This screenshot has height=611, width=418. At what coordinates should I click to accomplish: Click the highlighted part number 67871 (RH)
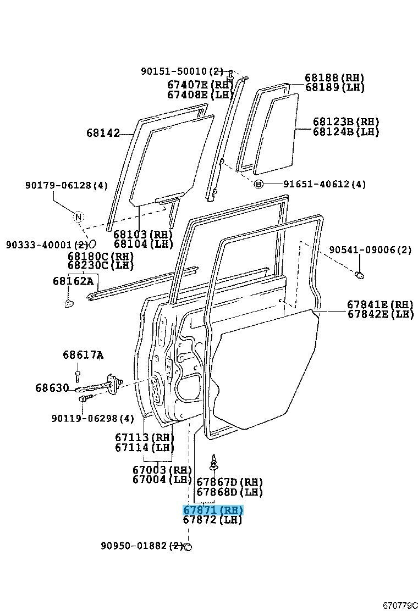(213, 510)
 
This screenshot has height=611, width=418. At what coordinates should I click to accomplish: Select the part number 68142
(103, 133)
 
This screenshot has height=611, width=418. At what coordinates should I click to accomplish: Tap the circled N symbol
(78, 216)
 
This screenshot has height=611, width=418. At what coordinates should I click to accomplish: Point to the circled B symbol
(259, 184)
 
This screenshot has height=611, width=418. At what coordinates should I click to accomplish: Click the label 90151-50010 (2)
(182, 71)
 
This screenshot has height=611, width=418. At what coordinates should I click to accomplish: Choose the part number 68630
(52, 388)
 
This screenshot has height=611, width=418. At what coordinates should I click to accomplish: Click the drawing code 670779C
(400, 605)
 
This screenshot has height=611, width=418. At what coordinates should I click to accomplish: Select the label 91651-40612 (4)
(324, 184)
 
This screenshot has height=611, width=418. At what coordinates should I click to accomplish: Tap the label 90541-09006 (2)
(371, 249)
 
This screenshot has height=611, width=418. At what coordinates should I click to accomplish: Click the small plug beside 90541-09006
(359, 275)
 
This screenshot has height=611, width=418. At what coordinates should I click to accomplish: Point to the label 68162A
(73, 281)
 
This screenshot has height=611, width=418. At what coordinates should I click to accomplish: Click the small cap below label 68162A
(68, 303)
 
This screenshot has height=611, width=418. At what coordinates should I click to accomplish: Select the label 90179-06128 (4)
(67, 186)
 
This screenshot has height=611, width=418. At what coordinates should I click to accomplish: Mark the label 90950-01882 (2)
(142, 546)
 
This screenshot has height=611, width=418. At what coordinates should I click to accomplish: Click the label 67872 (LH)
(212, 519)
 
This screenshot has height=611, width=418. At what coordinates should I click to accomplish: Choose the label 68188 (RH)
(334, 77)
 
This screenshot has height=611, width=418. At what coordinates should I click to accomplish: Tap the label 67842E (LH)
(381, 314)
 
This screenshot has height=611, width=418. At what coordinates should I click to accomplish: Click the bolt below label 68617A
(78, 376)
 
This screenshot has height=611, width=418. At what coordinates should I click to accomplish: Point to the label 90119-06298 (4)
(93, 419)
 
